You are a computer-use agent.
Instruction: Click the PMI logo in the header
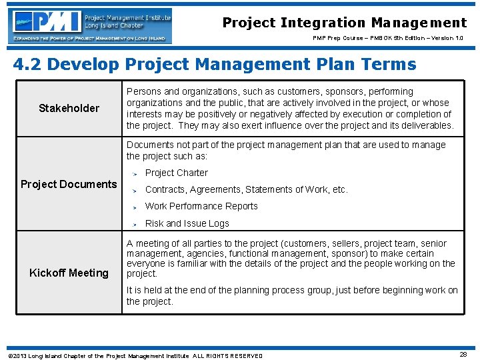(x=91, y=25)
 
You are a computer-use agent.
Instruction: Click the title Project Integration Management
(x=344, y=23)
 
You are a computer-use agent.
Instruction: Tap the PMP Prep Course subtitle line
(x=387, y=38)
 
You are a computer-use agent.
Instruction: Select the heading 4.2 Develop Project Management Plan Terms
(x=215, y=65)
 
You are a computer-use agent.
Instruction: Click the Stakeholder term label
(x=69, y=108)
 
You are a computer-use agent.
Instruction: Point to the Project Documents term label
(x=69, y=184)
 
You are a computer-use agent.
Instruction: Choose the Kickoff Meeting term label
(x=69, y=273)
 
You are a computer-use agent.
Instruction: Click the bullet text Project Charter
(x=177, y=173)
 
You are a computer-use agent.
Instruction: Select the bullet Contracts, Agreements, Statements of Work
(x=246, y=189)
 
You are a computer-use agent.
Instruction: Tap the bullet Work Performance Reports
(x=201, y=206)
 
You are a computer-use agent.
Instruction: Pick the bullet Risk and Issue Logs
(x=187, y=223)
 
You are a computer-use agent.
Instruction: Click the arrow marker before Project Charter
(x=134, y=173)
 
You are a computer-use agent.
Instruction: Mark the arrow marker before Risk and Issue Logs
(x=134, y=224)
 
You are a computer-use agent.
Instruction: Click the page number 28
(x=463, y=355)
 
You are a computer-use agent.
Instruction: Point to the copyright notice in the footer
(x=135, y=356)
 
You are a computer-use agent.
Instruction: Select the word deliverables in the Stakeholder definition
(x=427, y=125)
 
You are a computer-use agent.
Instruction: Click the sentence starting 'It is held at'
(x=292, y=295)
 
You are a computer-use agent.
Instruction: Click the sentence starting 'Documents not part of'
(x=286, y=151)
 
